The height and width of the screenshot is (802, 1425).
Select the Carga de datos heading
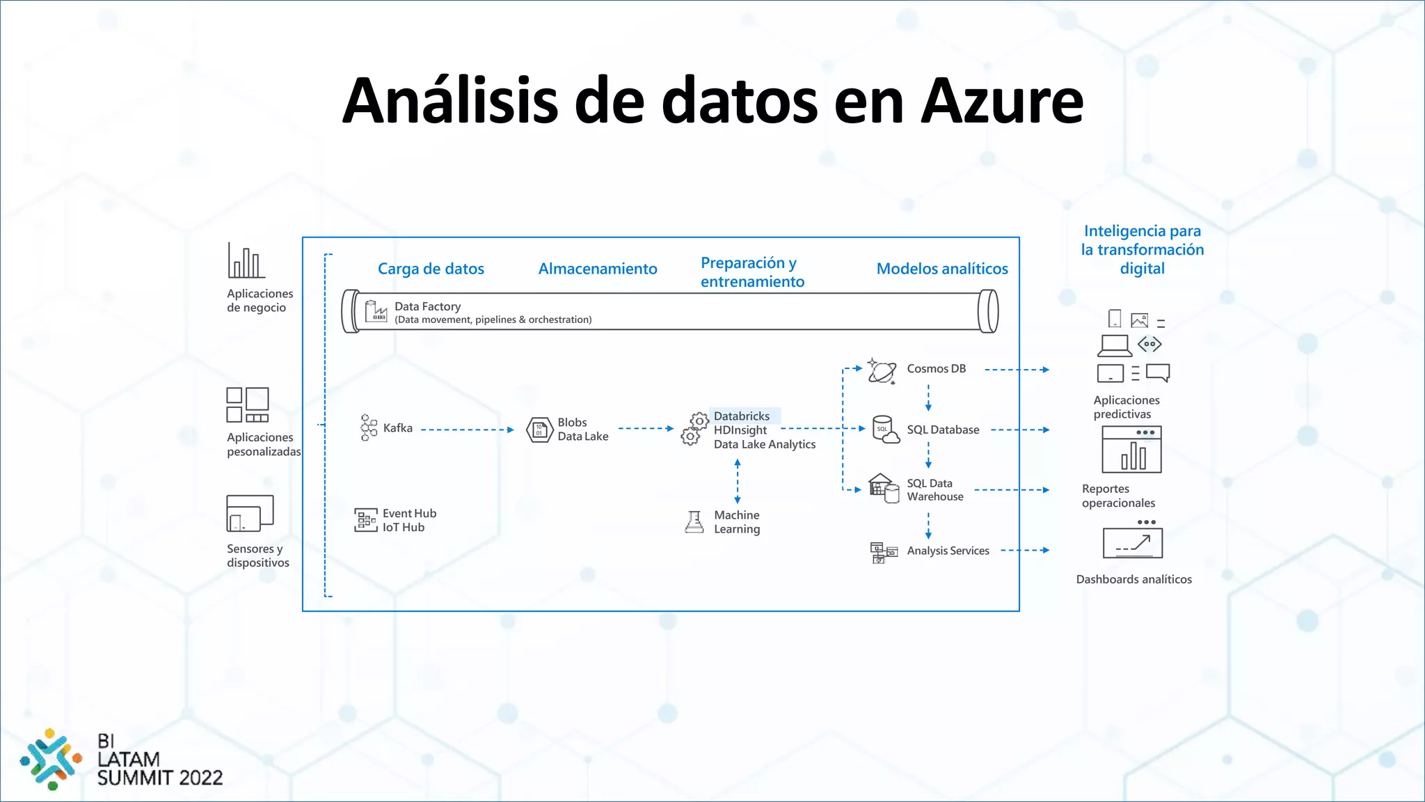coord(431,269)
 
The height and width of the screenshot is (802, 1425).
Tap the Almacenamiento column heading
coord(597,269)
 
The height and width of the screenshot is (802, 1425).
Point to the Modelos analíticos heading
coord(941,269)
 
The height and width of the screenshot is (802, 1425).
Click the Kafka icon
coord(368,427)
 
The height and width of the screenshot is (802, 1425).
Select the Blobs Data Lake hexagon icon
coord(539,430)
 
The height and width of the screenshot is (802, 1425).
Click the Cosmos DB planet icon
coord(882,370)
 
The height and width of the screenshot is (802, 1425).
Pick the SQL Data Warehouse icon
coord(883,489)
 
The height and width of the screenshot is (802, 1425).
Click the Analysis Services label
coord(948,551)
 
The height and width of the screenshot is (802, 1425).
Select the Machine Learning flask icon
coord(694,521)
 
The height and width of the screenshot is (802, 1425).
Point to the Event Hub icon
coord(365,520)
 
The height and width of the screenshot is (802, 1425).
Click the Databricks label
coord(742,416)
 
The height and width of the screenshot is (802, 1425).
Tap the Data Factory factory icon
coord(376,311)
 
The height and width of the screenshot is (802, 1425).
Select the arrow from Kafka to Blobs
coord(468,430)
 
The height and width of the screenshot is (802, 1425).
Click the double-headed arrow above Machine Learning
coord(738,481)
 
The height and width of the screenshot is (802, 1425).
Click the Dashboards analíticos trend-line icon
coord(1133,542)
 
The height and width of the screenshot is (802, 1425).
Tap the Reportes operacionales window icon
coord(1131,450)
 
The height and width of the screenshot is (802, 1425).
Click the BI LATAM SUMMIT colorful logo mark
coord(50,759)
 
